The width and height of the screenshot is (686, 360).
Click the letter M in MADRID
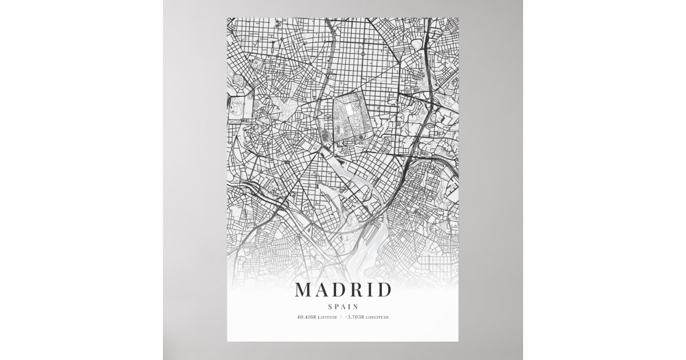click(x=303, y=290)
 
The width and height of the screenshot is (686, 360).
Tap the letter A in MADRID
click(x=323, y=290)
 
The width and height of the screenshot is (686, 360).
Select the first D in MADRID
click(x=341, y=290)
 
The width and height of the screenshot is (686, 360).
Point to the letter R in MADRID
click(x=358, y=290)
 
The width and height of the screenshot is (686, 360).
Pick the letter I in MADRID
click(x=372, y=290)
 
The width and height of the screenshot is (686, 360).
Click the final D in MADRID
click(x=385, y=290)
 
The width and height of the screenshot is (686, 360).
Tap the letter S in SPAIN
click(x=330, y=307)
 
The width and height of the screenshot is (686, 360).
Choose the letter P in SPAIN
click(x=337, y=307)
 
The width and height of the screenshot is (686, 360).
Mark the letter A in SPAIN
click(x=344, y=307)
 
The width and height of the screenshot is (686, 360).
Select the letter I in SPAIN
click(x=350, y=307)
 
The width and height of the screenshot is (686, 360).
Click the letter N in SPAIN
click(x=356, y=307)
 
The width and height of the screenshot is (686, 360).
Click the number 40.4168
click(x=305, y=317)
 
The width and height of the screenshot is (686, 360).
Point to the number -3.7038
click(x=354, y=317)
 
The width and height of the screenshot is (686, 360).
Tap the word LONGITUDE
click(x=377, y=317)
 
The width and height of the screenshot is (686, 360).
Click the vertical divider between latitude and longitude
click(x=341, y=317)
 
